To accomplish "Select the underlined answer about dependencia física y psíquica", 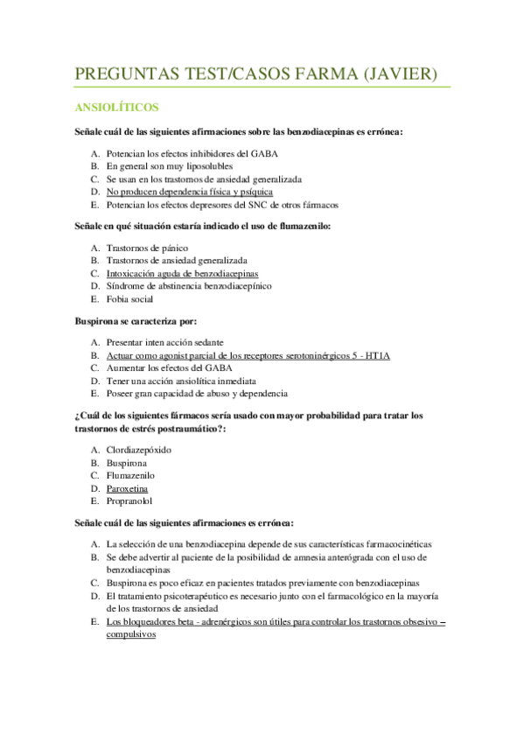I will tap(190, 191).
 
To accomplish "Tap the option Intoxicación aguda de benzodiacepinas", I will tap(182, 273).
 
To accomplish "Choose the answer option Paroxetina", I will tap(127, 488).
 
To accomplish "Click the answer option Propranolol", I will tap(129, 501).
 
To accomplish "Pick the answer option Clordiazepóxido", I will tap(138, 450).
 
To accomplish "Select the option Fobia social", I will tap(130, 298).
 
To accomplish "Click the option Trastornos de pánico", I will tap(147, 248).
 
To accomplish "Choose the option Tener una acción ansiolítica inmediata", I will tap(181, 381).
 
